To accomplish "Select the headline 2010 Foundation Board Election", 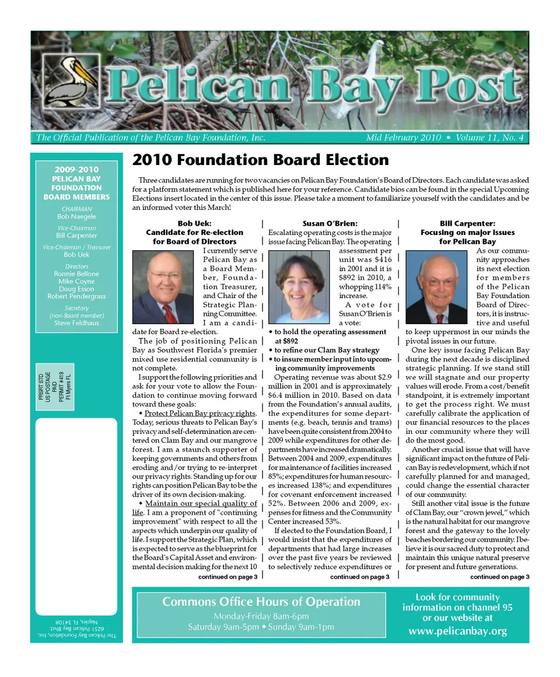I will coord(260,160).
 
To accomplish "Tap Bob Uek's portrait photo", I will coord(163,287).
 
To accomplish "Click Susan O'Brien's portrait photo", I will coord(299,287).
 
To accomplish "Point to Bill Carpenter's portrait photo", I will coord(436,287).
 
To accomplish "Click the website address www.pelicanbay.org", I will coord(457,631).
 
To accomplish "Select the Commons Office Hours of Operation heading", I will coord(261,602).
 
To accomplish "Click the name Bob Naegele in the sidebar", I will coord(76,216).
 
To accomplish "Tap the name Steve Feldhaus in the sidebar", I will coord(76,323).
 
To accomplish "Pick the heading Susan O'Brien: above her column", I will coord(330,223).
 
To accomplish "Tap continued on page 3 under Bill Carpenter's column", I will coord(499,577).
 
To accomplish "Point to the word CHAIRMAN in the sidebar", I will coord(76,209).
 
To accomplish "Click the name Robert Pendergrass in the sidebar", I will coord(76,296).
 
